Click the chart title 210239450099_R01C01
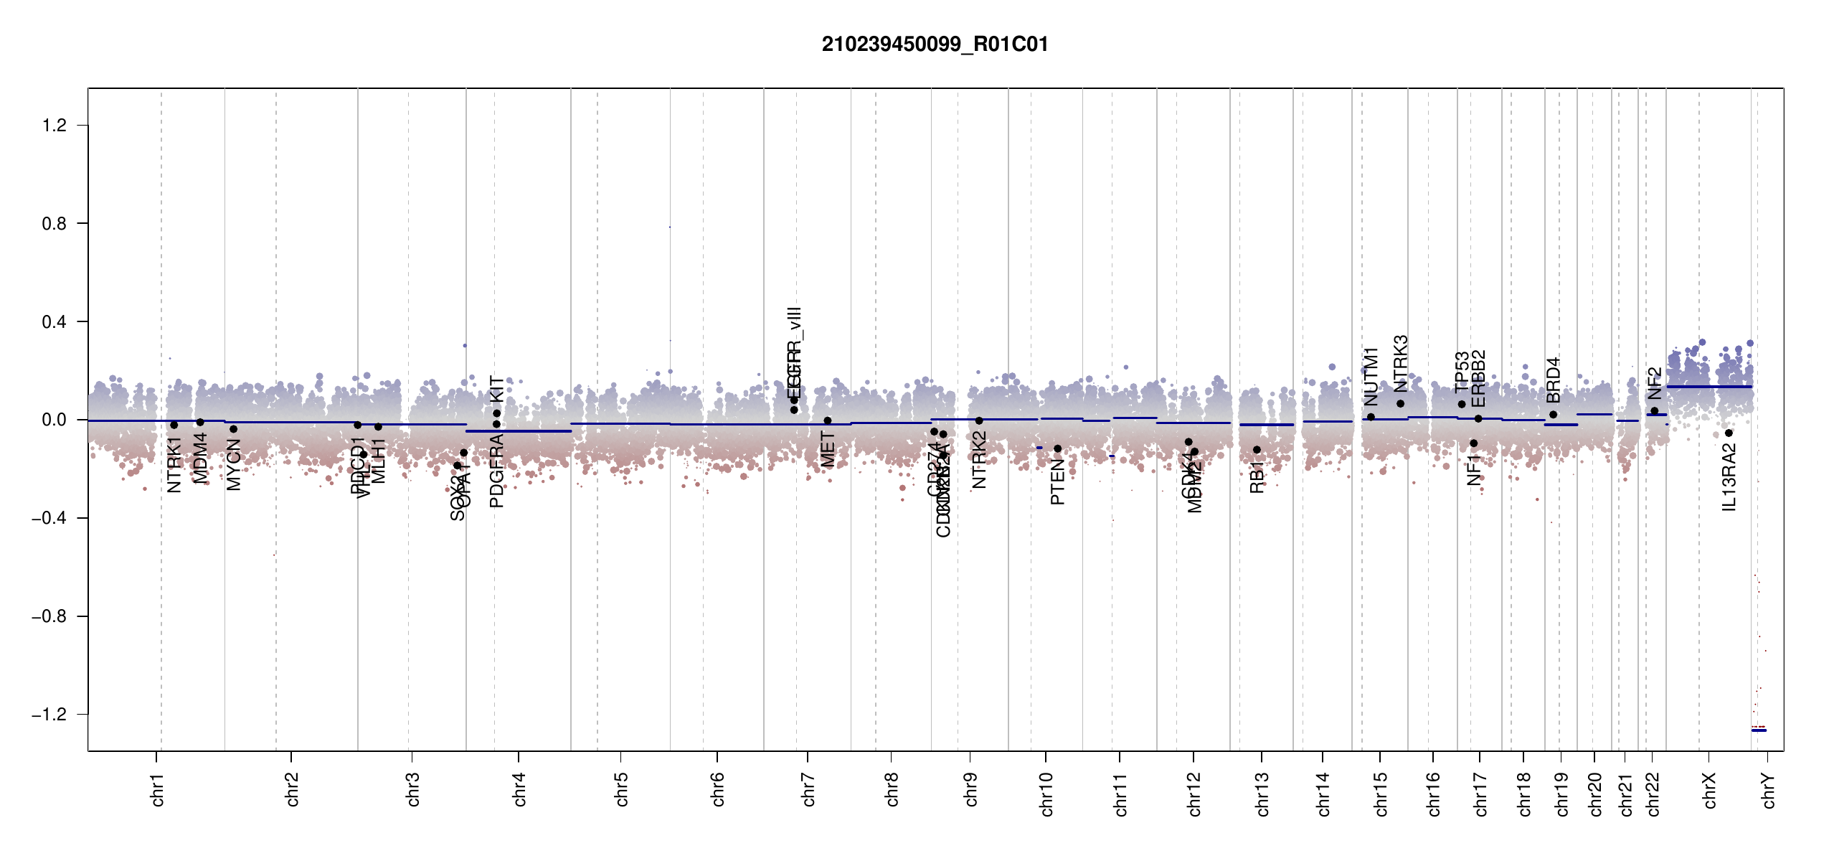pos(935,44)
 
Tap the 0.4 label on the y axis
pos(55,322)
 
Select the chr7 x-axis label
pos(809,789)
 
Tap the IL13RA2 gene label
pos(1729,477)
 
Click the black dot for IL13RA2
pos(1729,433)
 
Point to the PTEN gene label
pos(1057,482)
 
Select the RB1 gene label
pos(1257,477)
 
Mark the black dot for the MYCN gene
pos(233,429)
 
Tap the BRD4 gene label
pos(1554,380)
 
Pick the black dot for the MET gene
pos(828,420)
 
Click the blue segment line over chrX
pos(1709,387)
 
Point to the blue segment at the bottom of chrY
pos(1759,730)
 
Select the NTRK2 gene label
pos(979,460)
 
